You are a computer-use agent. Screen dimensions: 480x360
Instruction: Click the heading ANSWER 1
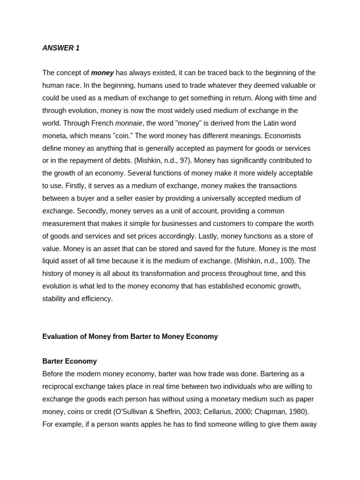pyautogui.click(x=61, y=48)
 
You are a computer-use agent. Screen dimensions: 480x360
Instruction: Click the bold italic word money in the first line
pyautogui.click(x=102, y=73)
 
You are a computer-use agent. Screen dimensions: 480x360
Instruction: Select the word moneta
pyautogui.click(x=54, y=135)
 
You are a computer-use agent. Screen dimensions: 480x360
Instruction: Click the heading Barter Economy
pyautogui.click(x=69, y=361)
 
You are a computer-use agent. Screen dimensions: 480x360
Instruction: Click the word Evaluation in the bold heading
pyautogui.click(x=59, y=337)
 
